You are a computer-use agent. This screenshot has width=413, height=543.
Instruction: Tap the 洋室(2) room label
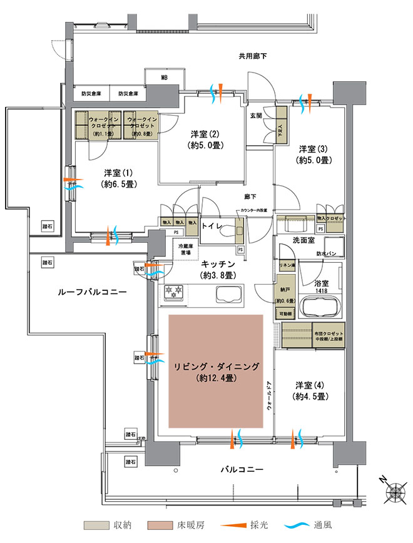pyautogui.click(x=204, y=140)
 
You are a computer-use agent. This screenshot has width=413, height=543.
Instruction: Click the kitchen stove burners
pyautogui.click(x=173, y=293)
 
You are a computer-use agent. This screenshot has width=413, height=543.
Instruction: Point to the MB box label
pyautogui.click(x=164, y=78)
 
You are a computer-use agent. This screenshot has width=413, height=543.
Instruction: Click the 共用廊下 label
pyautogui.click(x=253, y=56)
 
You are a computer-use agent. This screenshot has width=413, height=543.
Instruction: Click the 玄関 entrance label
pyautogui.click(x=257, y=115)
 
